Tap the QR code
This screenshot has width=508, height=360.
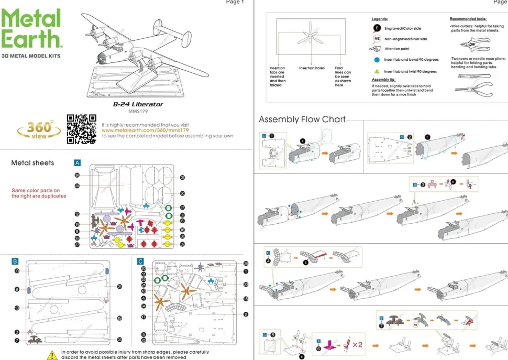[x=82, y=129]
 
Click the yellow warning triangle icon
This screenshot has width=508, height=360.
[x=52, y=355]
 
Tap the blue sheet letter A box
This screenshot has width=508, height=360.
[x=77, y=163]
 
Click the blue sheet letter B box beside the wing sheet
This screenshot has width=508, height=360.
[x=15, y=261]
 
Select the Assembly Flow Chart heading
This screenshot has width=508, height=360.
[x=302, y=119]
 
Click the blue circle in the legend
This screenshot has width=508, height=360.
[x=376, y=60]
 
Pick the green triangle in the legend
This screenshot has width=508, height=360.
[x=376, y=71]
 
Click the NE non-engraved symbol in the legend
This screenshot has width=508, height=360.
[x=376, y=39]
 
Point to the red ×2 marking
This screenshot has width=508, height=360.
[x=358, y=345]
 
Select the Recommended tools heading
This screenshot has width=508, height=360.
[x=468, y=18]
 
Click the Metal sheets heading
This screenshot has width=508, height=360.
[x=32, y=163]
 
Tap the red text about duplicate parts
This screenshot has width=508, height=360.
[x=39, y=193]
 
